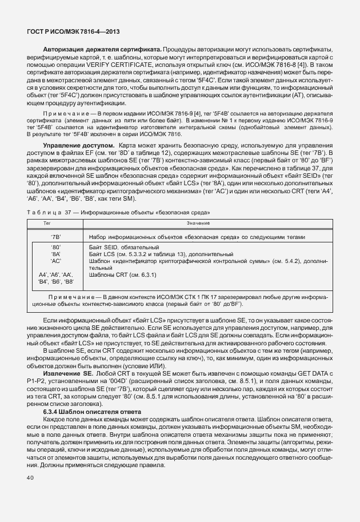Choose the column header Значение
point(195,222)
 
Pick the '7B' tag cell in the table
point(56,237)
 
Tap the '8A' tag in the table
point(56,253)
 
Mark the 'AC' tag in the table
point(56,260)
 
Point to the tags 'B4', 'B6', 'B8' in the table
point(56,282)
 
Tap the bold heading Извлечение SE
point(64,373)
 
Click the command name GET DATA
point(306,373)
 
